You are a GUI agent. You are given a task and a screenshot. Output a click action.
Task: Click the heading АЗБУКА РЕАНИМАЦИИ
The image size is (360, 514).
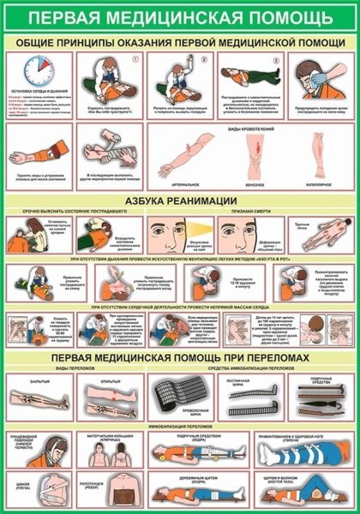pos(180,200)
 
